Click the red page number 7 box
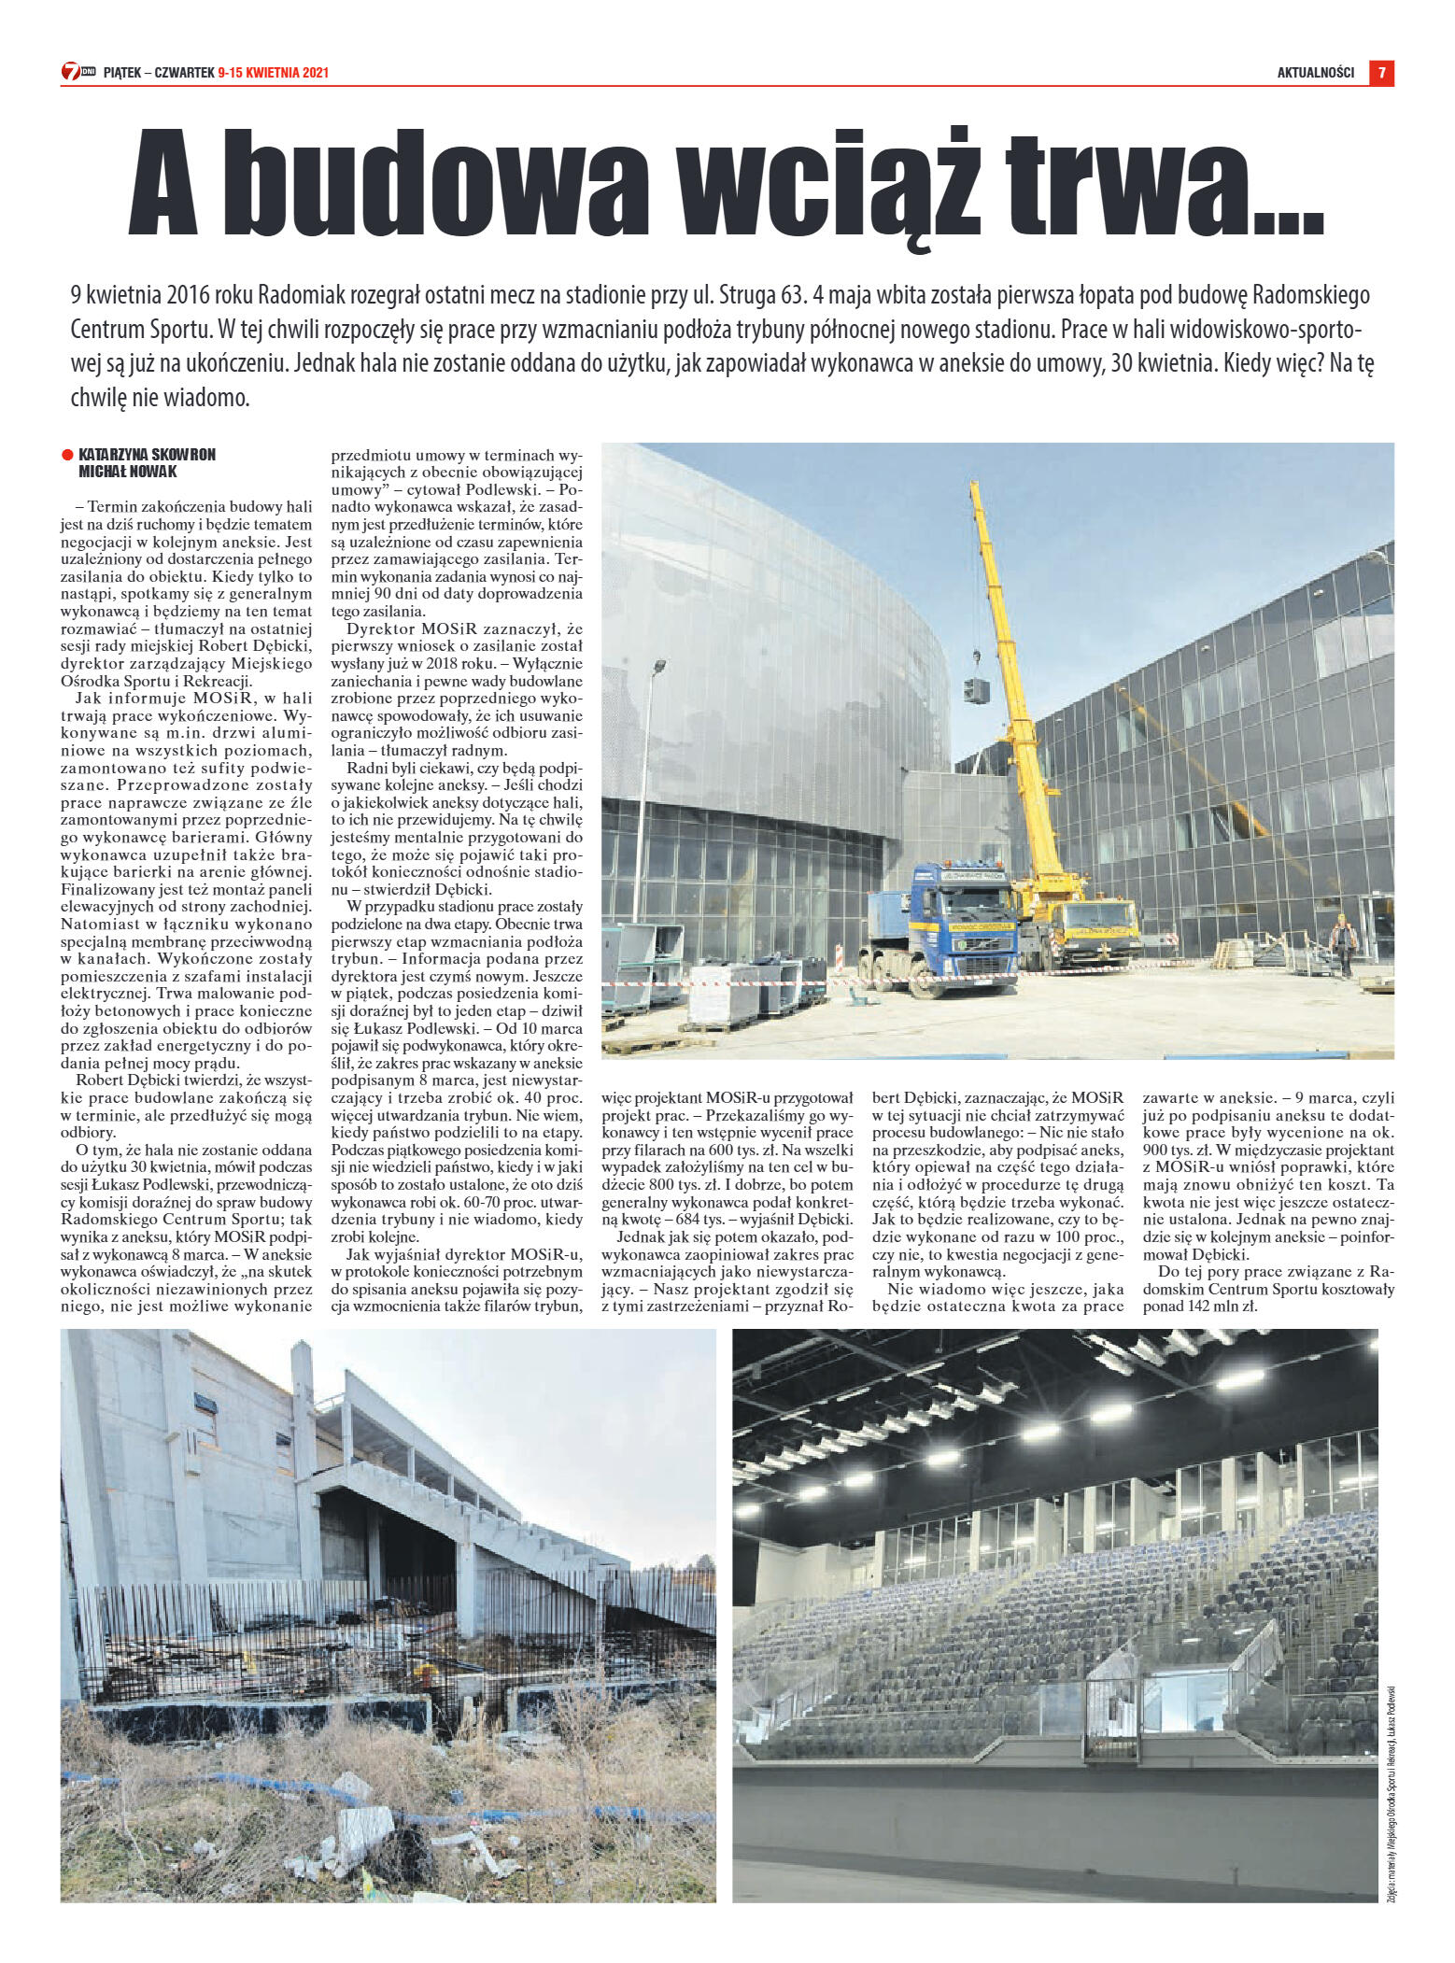point(1381,73)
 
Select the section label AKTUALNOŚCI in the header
point(1315,73)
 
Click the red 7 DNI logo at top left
point(78,72)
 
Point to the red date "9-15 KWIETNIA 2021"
point(273,73)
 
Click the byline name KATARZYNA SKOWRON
point(147,455)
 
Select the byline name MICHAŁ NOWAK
point(128,472)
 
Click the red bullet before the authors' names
point(67,455)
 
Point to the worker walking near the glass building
point(1343,942)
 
